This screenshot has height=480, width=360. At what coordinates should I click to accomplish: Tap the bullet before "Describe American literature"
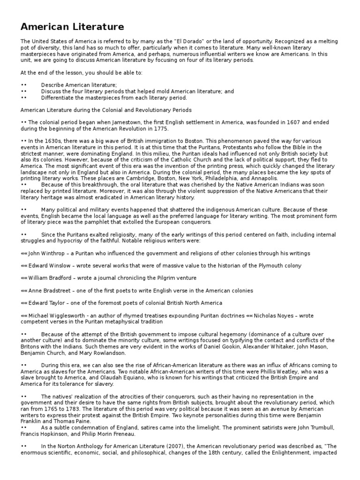[x=24, y=85]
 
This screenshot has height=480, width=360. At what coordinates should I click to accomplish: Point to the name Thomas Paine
[x=67, y=414]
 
